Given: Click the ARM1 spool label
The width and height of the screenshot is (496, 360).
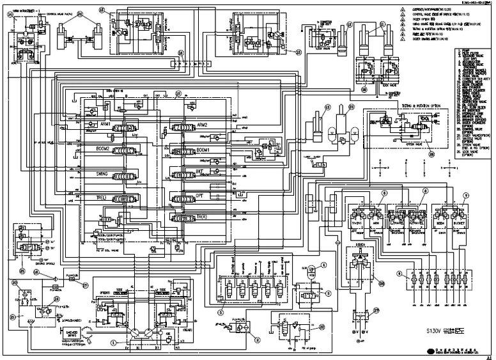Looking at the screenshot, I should tap(104, 124).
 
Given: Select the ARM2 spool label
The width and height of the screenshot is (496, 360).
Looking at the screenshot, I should tap(202, 124).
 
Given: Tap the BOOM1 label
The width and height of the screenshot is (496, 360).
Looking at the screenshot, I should tap(203, 149).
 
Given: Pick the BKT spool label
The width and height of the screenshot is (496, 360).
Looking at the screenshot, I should tap(200, 171).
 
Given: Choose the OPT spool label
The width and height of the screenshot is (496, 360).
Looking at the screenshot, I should tap(200, 194).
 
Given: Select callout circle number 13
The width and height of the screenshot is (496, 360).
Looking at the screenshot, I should tap(327, 107).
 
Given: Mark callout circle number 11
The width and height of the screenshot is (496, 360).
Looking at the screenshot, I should tap(382, 24).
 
